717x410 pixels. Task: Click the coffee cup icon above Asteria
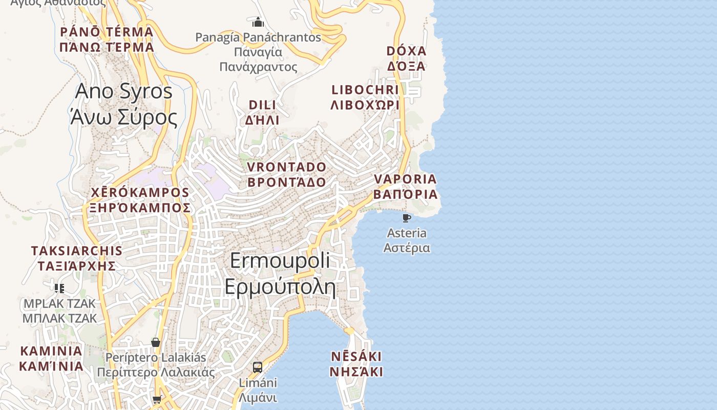[x=407, y=218]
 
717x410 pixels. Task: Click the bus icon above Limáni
[x=258, y=367]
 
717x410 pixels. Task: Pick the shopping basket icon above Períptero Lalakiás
[x=156, y=342]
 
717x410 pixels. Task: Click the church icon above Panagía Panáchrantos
[x=258, y=22]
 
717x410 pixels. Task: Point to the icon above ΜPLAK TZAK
[x=59, y=288]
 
